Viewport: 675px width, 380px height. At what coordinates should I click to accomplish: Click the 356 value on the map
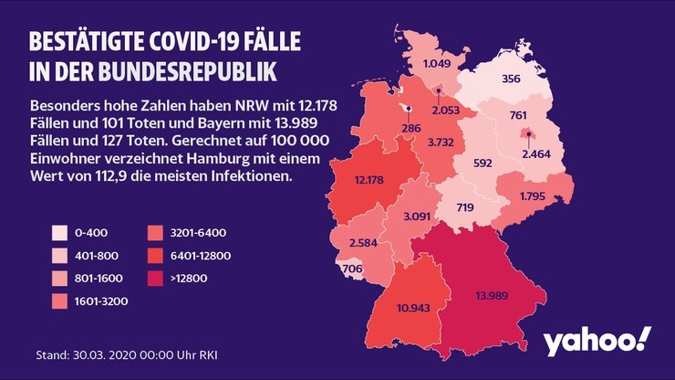click(x=511, y=79)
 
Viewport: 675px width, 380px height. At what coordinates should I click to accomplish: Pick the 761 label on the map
click(x=518, y=115)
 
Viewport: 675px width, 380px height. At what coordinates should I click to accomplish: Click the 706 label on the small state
click(x=351, y=269)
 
